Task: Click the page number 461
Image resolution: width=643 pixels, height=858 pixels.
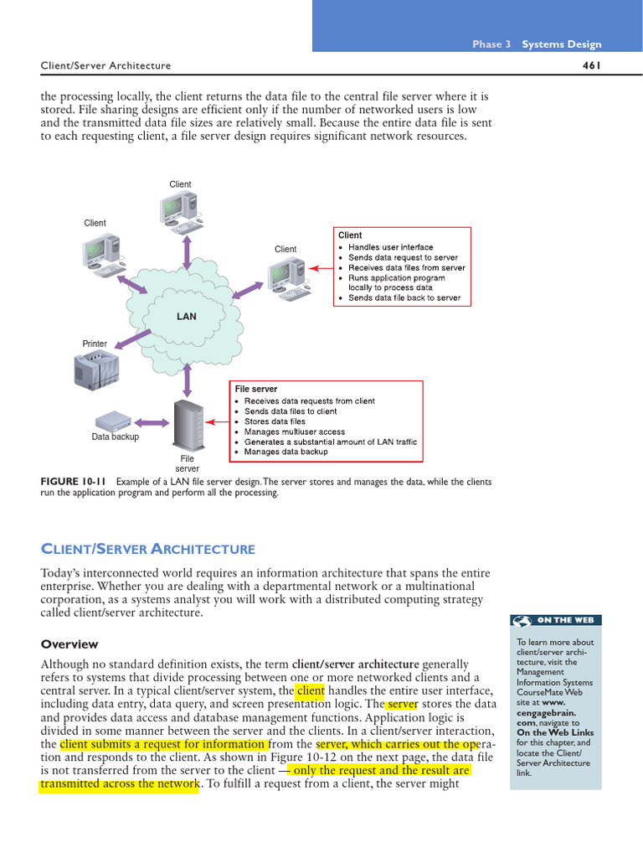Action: point(592,65)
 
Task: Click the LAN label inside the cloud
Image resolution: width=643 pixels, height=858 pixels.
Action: point(186,317)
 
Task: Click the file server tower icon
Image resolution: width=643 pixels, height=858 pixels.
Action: point(187,424)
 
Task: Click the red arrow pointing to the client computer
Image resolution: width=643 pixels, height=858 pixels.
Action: point(320,268)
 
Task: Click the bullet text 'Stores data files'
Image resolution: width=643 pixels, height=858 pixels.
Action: point(275,421)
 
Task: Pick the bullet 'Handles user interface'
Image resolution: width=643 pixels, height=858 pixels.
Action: point(390,247)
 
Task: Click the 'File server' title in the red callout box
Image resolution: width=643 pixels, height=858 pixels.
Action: point(256,390)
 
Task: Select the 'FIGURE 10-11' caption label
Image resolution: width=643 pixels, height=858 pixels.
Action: point(74,482)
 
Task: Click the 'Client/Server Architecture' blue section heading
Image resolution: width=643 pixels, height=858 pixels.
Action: point(147,550)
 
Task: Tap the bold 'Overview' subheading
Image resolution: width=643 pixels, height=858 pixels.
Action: point(69,644)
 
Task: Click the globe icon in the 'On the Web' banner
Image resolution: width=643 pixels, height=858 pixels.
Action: point(522,620)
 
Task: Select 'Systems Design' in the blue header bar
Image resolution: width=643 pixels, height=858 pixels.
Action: point(561,44)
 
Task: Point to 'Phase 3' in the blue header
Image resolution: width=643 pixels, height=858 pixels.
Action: point(491,44)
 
